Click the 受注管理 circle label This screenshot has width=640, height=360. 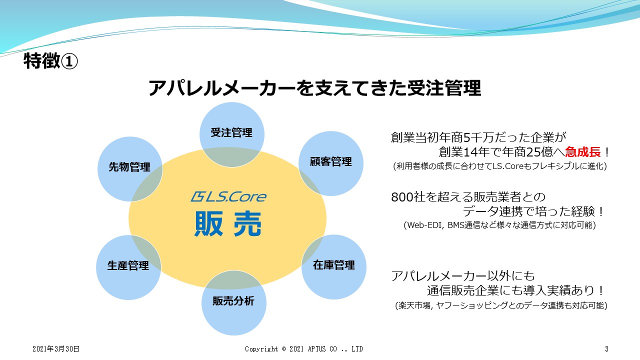pyautogui.click(x=231, y=133)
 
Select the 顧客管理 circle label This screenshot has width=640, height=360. pyautogui.click(x=331, y=162)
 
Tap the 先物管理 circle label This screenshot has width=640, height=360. pyautogui.click(x=129, y=167)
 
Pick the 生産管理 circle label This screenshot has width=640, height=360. pyautogui.click(x=128, y=265)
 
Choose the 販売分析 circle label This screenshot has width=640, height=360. pyautogui.click(x=233, y=301)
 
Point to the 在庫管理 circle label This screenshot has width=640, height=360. pyautogui.click(x=334, y=264)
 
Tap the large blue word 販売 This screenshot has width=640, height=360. pyautogui.click(x=228, y=224)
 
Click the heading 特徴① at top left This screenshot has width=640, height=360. pyautogui.click(x=50, y=61)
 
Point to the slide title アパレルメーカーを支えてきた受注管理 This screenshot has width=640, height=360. pyautogui.click(x=314, y=88)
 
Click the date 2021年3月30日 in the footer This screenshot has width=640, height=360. pyautogui.click(x=56, y=348)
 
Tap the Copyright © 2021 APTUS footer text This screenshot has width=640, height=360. pyautogui.click(x=303, y=348)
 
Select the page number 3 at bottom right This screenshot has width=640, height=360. pyautogui.click(x=606, y=348)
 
